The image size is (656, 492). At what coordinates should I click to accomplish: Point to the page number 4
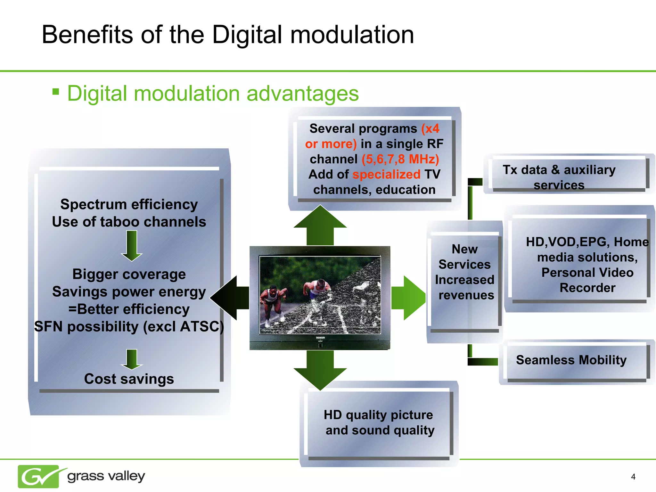point(633,477)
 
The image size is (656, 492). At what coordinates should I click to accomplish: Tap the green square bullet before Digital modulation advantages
point(56,92)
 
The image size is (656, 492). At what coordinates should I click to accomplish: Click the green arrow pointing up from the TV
point(320,226)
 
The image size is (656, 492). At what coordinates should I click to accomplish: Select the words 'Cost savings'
point(129,379)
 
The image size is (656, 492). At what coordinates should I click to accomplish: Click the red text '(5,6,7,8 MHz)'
point(400,159)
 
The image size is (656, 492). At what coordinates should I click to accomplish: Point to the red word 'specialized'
point(386,175)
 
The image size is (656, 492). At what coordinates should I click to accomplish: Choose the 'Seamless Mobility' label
point(571,360)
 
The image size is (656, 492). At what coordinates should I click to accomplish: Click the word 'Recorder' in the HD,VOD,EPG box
point(587,288)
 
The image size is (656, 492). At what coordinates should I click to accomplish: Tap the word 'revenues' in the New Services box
point(466,295)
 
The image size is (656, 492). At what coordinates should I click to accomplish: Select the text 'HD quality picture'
point(378,415)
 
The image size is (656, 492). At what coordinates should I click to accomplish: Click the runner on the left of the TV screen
point(272,301)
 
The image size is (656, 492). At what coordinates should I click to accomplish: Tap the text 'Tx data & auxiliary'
point(559,170)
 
